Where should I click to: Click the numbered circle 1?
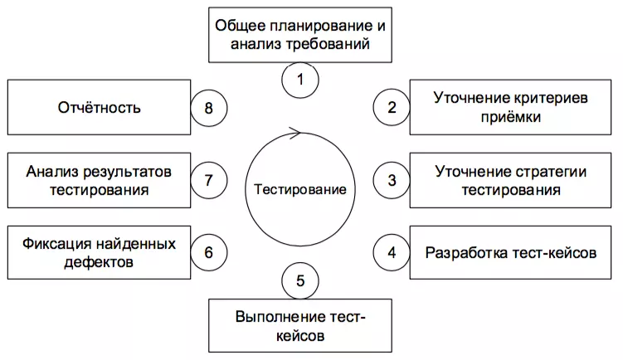tap(299, 81)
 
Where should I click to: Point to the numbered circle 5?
tap(299, 280)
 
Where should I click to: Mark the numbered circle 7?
tap(208, 179)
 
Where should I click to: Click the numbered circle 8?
tap(208, 106)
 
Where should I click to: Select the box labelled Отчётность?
tap(100, 107)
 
